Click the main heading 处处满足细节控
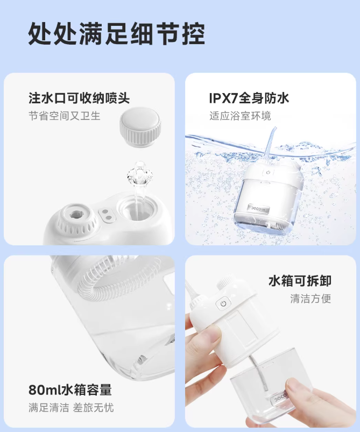click(117, 33)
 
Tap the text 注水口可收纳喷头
click(79, 98)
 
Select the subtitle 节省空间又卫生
click(65, 116)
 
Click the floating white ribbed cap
click(140, 127)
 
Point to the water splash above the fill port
click(140, 173)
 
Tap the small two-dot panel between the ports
click(107, 215)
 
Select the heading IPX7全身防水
click(249, 98)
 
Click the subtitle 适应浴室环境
click(240, 116)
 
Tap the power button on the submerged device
click(268, 173)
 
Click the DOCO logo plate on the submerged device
click(258, 208)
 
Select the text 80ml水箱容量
click(70, 389)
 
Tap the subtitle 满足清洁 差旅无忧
click(71, 407)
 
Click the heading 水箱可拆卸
click(300, 281)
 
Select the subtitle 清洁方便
click(310, 299)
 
